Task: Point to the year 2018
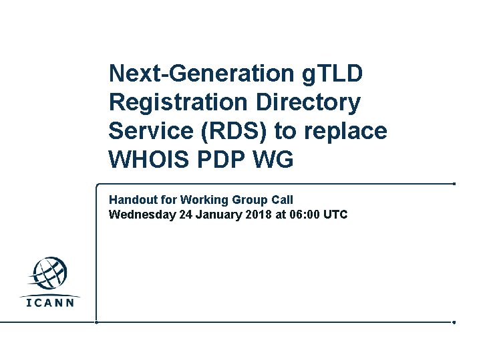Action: (257, 215)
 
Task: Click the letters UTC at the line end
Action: (335, 215)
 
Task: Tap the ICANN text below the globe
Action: (50, 302)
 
